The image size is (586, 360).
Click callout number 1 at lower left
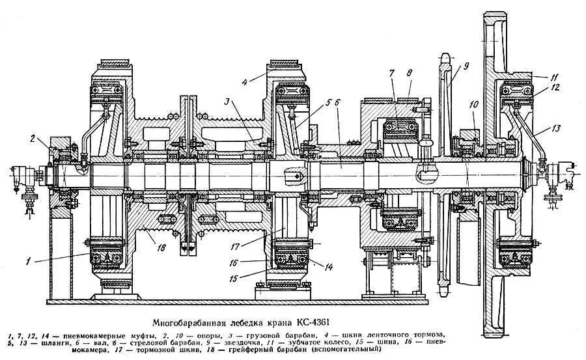click(x=28, y=261)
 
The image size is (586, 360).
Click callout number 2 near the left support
click(x=33, y=139)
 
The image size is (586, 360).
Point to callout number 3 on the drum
click(x=228, y=102)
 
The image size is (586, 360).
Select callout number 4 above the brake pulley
click(x=245, y=81)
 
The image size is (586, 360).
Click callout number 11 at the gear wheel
click(x=553, y=77)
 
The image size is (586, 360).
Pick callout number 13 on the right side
click(x=556, y=129)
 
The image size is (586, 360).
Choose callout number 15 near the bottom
click(x=234, y=279)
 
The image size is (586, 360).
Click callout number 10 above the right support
click(x=473, y=105)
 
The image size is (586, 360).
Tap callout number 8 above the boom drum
click(x=410, y=73)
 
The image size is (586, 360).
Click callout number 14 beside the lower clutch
click(x=329, y=267)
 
